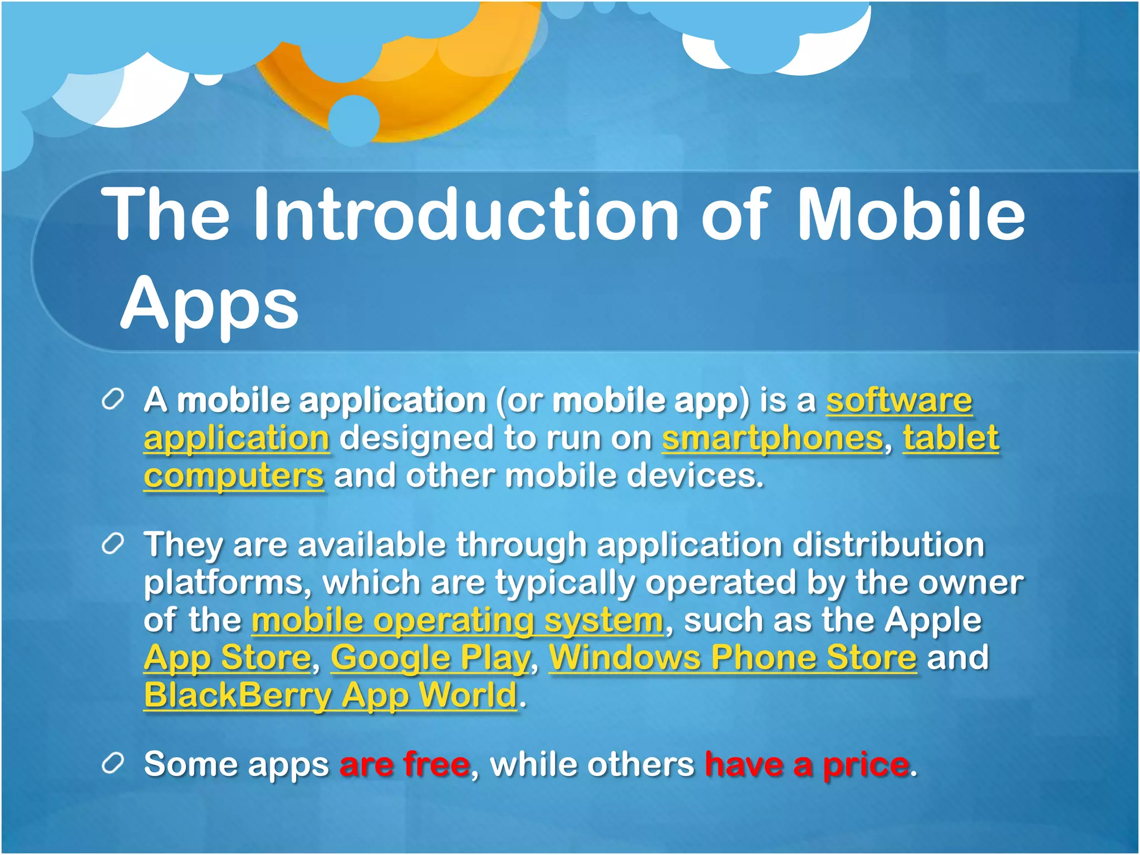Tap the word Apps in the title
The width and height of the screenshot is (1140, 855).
pos(209,304)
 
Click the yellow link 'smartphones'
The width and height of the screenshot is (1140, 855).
pos(772,439)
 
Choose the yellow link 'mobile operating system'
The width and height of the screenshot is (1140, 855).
pos(457,620)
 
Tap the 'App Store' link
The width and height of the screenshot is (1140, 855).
pos(227,658)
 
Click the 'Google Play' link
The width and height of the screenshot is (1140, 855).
pos(430,658)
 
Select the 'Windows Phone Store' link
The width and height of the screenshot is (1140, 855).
pos(733,658)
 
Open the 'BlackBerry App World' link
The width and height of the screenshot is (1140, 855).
pos(331,696)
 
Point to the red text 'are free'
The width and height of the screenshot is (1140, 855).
pos(405,764)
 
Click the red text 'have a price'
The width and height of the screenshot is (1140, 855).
pos(807,764)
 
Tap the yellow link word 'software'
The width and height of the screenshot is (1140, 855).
pos(898,401)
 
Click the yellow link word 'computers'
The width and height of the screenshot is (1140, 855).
pos(234,476)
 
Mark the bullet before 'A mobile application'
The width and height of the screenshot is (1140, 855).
pos(112,400)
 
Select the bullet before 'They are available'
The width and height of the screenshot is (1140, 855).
pos(112,545)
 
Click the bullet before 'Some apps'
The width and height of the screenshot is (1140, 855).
pos(112,764)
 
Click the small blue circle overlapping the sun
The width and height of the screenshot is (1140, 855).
pos(353,120)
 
